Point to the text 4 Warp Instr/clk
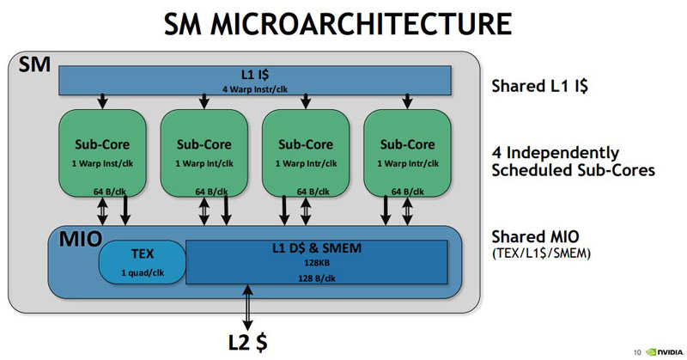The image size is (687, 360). tap(255, 88)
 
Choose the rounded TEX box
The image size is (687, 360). tap(143, 261)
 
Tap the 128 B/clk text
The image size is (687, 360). tap(317, 278)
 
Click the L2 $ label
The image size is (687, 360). tap(248, 340)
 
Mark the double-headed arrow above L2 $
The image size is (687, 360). tap(249, 308)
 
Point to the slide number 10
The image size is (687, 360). tap(636, 351)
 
